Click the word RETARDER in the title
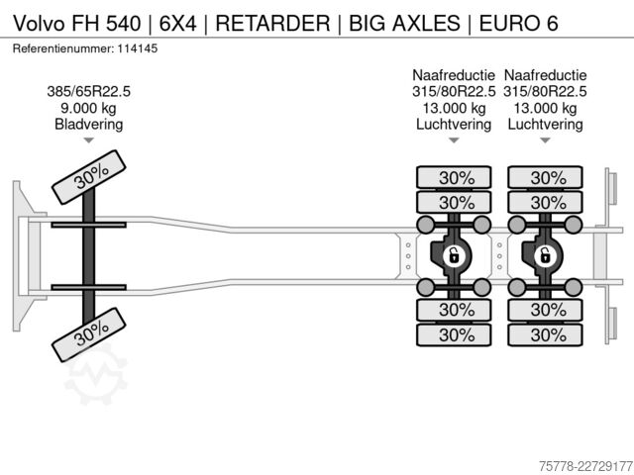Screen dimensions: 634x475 273,23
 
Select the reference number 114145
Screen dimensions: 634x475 138,48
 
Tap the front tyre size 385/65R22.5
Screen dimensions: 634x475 89,92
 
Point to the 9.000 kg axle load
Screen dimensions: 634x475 88,108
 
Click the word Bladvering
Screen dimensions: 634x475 89,125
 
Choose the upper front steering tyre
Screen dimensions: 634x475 89,177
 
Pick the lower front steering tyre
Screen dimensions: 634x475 89,334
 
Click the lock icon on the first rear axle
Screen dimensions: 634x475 454,255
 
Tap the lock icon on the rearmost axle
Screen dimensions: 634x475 545,255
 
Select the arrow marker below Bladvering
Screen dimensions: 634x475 88,141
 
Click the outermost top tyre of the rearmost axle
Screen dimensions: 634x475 545,178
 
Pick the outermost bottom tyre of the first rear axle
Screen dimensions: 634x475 454,334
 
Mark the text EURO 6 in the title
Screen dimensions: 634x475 519,23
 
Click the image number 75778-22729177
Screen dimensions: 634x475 585,466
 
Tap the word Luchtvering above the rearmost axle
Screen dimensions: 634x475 545,125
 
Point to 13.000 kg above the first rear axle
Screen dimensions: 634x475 454,108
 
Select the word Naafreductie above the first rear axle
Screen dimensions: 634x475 454,75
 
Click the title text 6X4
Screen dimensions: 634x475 178,23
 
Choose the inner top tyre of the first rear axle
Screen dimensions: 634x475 454,202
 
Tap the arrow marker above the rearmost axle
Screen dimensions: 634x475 545,141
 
